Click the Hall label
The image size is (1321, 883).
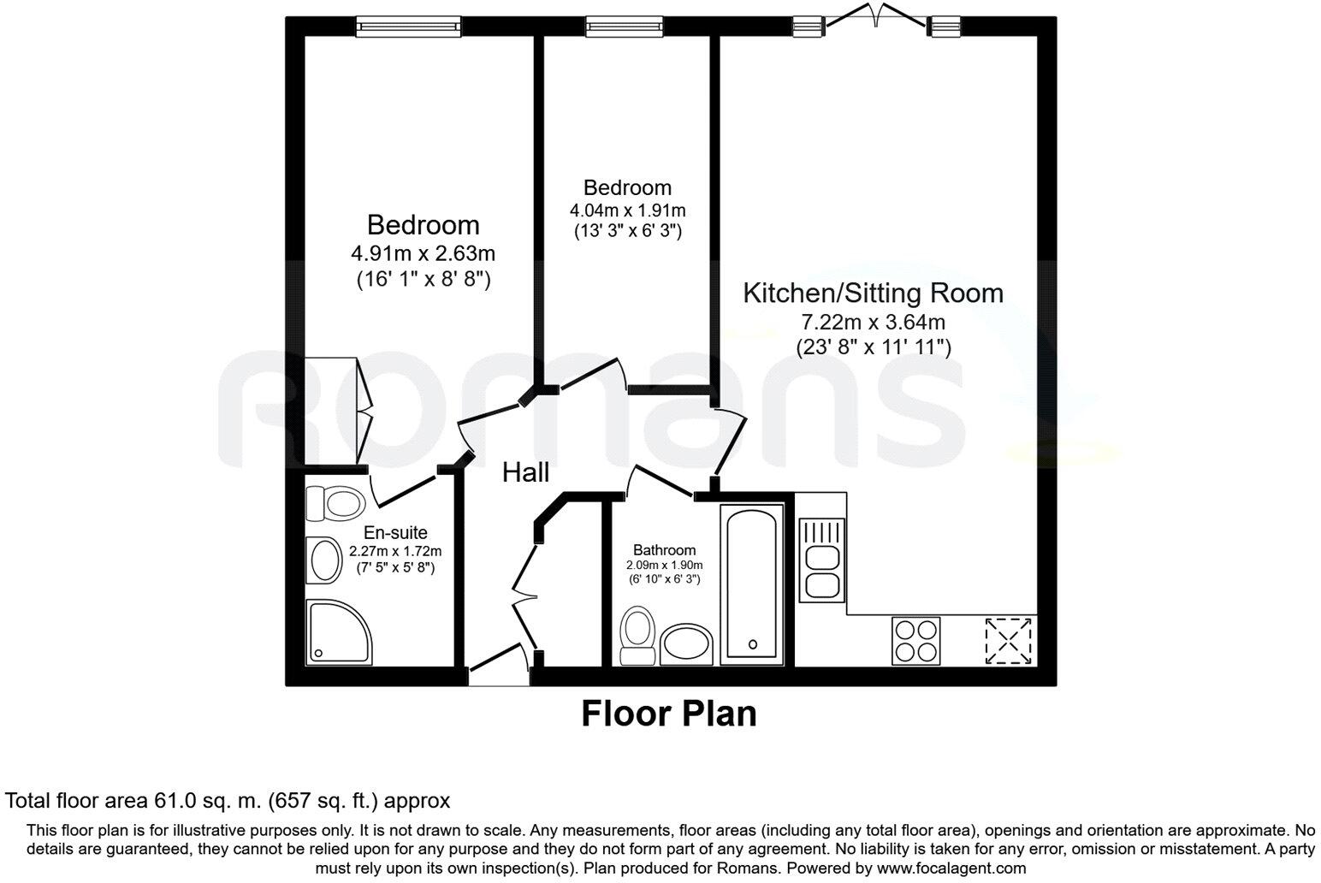(x=525, y=472)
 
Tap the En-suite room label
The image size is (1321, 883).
(x=395, y=533)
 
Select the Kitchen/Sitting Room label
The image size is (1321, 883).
(x=873, y=293)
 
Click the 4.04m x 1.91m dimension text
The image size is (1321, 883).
(x=627, y=210)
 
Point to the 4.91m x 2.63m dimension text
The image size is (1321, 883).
(x=423, y=253)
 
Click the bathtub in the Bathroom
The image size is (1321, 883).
(x=752, y=584)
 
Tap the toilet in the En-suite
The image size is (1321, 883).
(x=335, y=504)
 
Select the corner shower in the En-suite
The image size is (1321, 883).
(x=339, y=632)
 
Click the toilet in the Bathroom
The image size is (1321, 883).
(x=637, y=635)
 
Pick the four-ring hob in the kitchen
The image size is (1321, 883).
(x=915, y=641)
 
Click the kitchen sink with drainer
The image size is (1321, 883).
(x=821, y=560)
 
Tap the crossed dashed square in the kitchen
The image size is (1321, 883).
(x=1009, y=641)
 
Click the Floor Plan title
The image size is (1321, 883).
(x=669, y=713)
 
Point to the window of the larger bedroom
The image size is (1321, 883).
(x=409, y=27)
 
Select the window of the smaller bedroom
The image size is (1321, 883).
(x=625, y=27)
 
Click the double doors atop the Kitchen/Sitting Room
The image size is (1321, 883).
(x=876, y=15)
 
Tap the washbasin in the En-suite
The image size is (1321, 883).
(x=324, y=560)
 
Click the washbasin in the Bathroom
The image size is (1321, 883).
(x=686, y=644)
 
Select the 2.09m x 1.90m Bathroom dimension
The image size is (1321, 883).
(x=665, y=565)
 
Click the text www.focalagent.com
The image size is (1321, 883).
(x=951, y=868)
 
